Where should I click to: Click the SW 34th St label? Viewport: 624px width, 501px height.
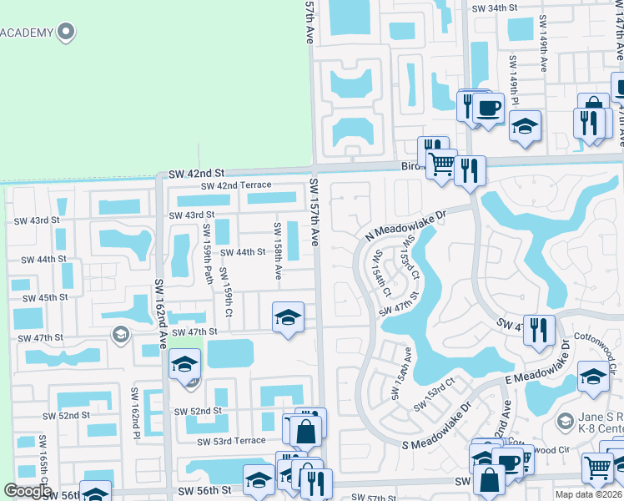(x=495, y=8)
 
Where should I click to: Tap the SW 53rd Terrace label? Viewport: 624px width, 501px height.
(x=232, y=441)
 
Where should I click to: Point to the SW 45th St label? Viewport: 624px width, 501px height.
(x=44, y=298)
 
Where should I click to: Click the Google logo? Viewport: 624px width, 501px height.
(x=28, y=491)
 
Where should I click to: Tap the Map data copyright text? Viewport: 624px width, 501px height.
(x=587, y=494)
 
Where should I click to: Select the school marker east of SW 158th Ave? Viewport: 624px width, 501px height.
(x=288, y=317)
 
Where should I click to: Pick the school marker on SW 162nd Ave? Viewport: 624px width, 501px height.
(x=185, y=363)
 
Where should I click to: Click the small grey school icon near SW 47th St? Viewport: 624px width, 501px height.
(x=120, y=335)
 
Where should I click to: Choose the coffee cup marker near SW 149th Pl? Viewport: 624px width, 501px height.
(x=489, y=108)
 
